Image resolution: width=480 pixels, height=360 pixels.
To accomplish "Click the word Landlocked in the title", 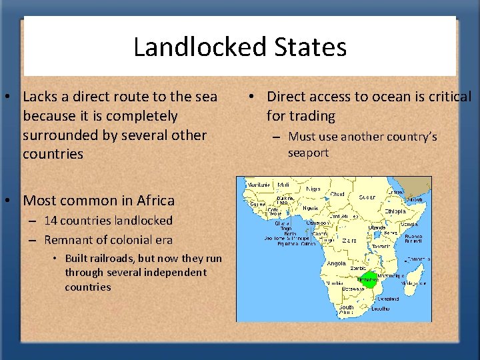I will [190, 47].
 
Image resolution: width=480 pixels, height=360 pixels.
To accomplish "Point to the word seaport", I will [308, 153].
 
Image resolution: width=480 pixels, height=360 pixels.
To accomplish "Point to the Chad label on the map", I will [337, 194].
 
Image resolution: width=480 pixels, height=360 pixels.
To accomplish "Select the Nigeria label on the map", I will [311, 207].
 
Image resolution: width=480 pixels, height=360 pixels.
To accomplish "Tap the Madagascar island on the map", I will [411, 273].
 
